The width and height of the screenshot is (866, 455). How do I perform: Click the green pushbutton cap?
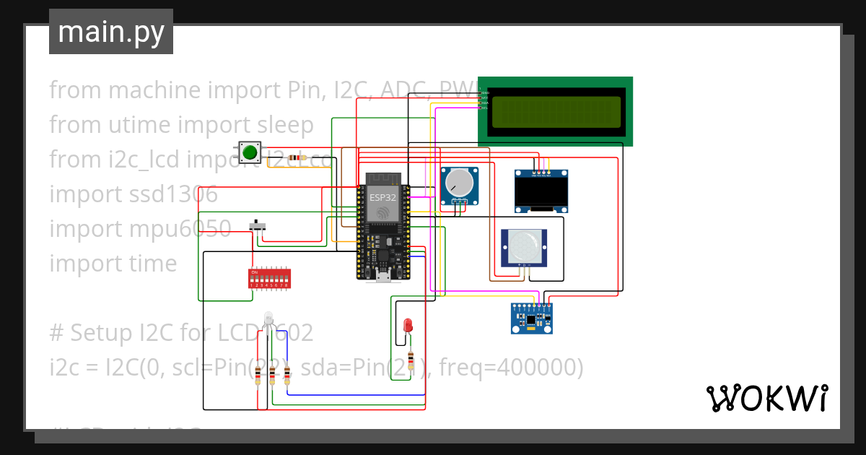pyautogui.click(x=250, y=152)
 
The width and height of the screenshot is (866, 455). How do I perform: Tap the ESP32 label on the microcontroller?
pyautogui.click(x=382, y=196)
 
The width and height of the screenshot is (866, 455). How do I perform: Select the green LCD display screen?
pyautogui.click(x=556, y=112)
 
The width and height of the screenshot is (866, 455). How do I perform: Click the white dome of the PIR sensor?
pyautogui.click(x=524, y=247)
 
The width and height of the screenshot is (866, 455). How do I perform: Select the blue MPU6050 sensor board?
pyautogui.click(x=532, y=318)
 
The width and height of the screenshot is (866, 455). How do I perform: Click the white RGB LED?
pyautogui.click(x=268, y=318)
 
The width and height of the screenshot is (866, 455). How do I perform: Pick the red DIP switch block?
pyautogui.click(x=269, y=278)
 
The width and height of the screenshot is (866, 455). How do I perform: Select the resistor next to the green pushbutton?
pyautogui.click(x=295, y=157)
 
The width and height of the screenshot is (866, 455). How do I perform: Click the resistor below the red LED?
pyautogui.click(x=411, y=359)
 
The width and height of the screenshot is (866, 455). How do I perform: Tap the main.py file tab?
pyautogui.click(x=111, y=32)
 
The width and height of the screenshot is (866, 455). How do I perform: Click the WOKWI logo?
pyautogui.click(x=766, y=398)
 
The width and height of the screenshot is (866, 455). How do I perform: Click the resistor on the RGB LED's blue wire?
pyautogui.click(x=287, y=375)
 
